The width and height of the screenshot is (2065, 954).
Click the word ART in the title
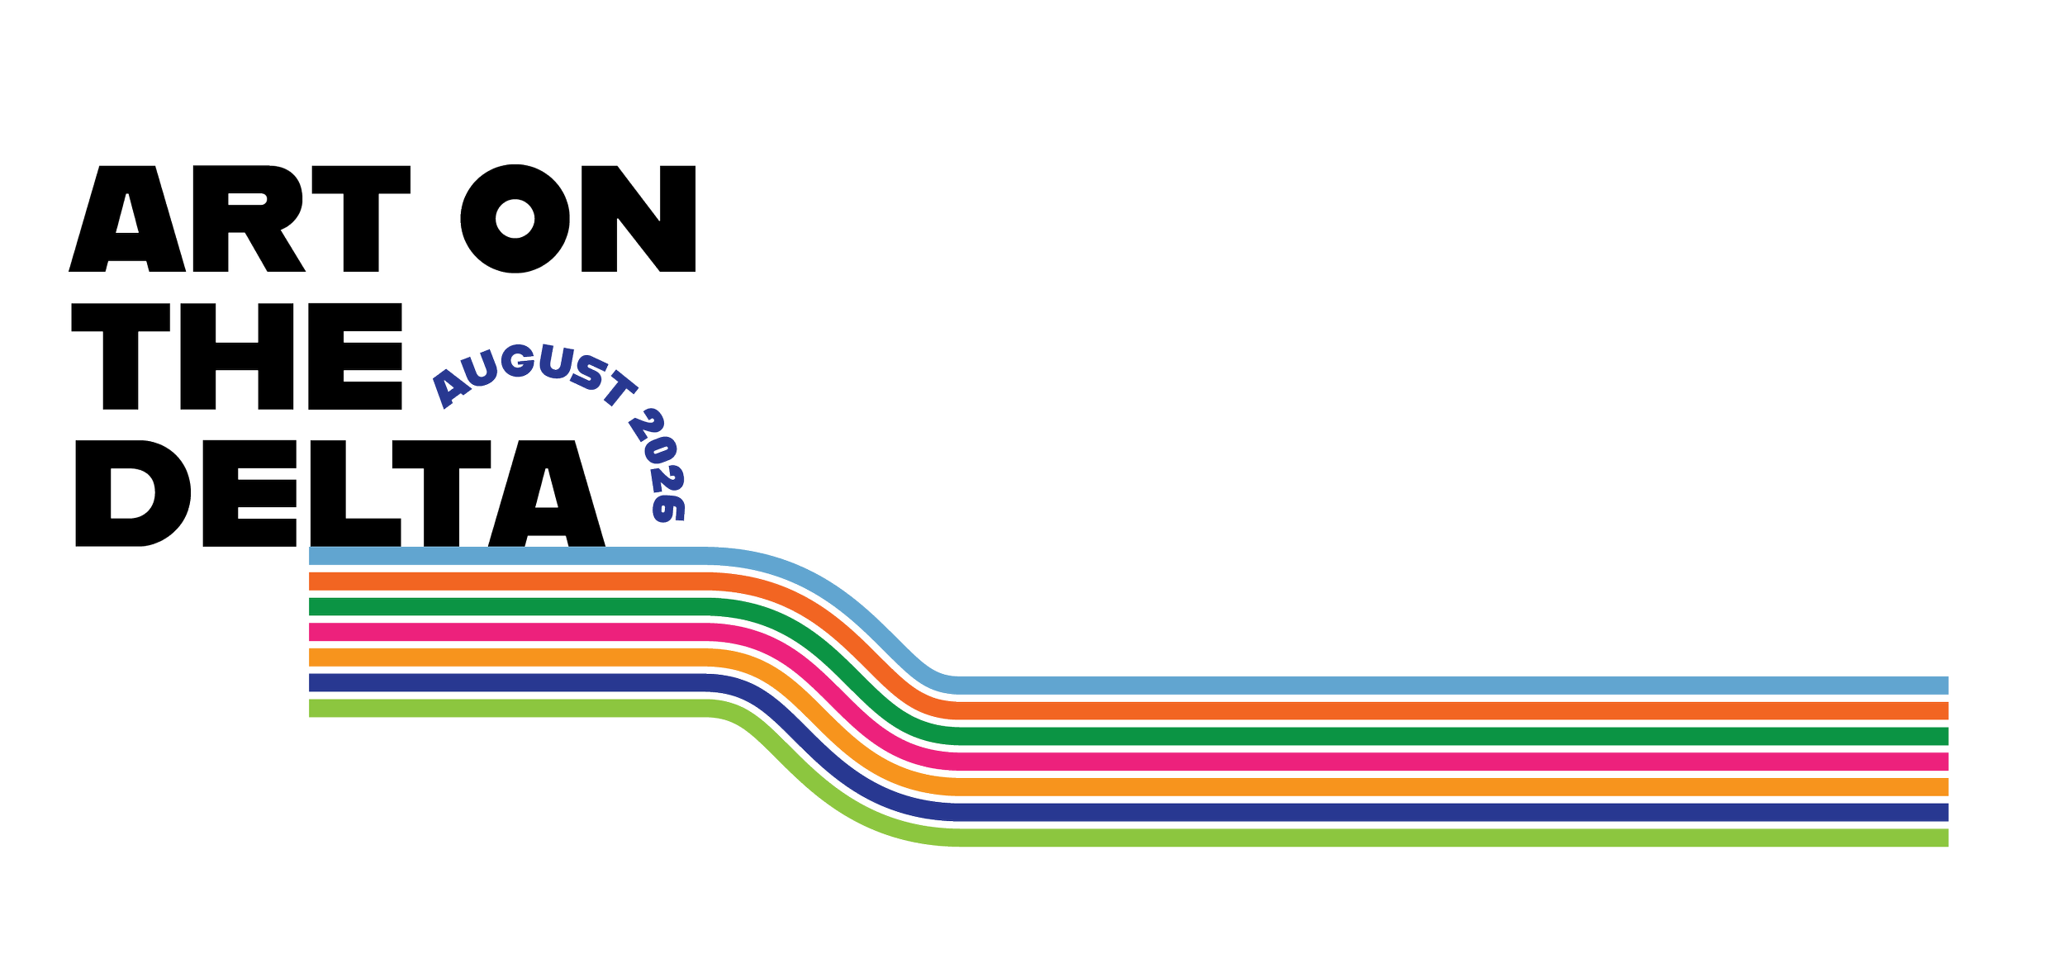240,219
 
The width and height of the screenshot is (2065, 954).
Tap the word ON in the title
578,219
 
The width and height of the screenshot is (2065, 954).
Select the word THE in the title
237,356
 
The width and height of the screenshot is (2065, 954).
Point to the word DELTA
340,493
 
